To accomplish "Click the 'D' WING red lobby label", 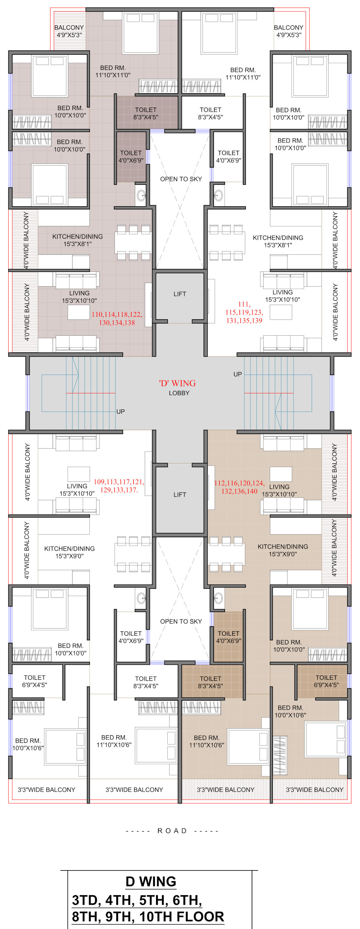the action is click(178, 383).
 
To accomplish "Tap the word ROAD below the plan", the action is click(172, 831).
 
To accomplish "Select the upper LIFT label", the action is click(180, 294).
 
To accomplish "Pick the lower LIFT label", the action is click(180, 495).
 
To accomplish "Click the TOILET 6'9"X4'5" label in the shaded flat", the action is click(326, 681).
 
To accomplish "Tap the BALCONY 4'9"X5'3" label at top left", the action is click(69, 31).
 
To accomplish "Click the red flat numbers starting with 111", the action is click(244, 312).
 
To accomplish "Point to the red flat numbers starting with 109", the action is click(119, 486).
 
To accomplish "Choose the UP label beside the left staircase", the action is click(121, 412).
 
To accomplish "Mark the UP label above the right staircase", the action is click(238, 374).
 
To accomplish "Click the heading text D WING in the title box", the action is click(151, 881).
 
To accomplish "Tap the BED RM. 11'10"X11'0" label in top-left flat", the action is click(113, 71).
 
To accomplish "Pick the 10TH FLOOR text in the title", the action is click(181, 916).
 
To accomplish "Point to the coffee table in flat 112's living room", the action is click(280, 474).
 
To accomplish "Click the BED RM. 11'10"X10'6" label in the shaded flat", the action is click(206, 742).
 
